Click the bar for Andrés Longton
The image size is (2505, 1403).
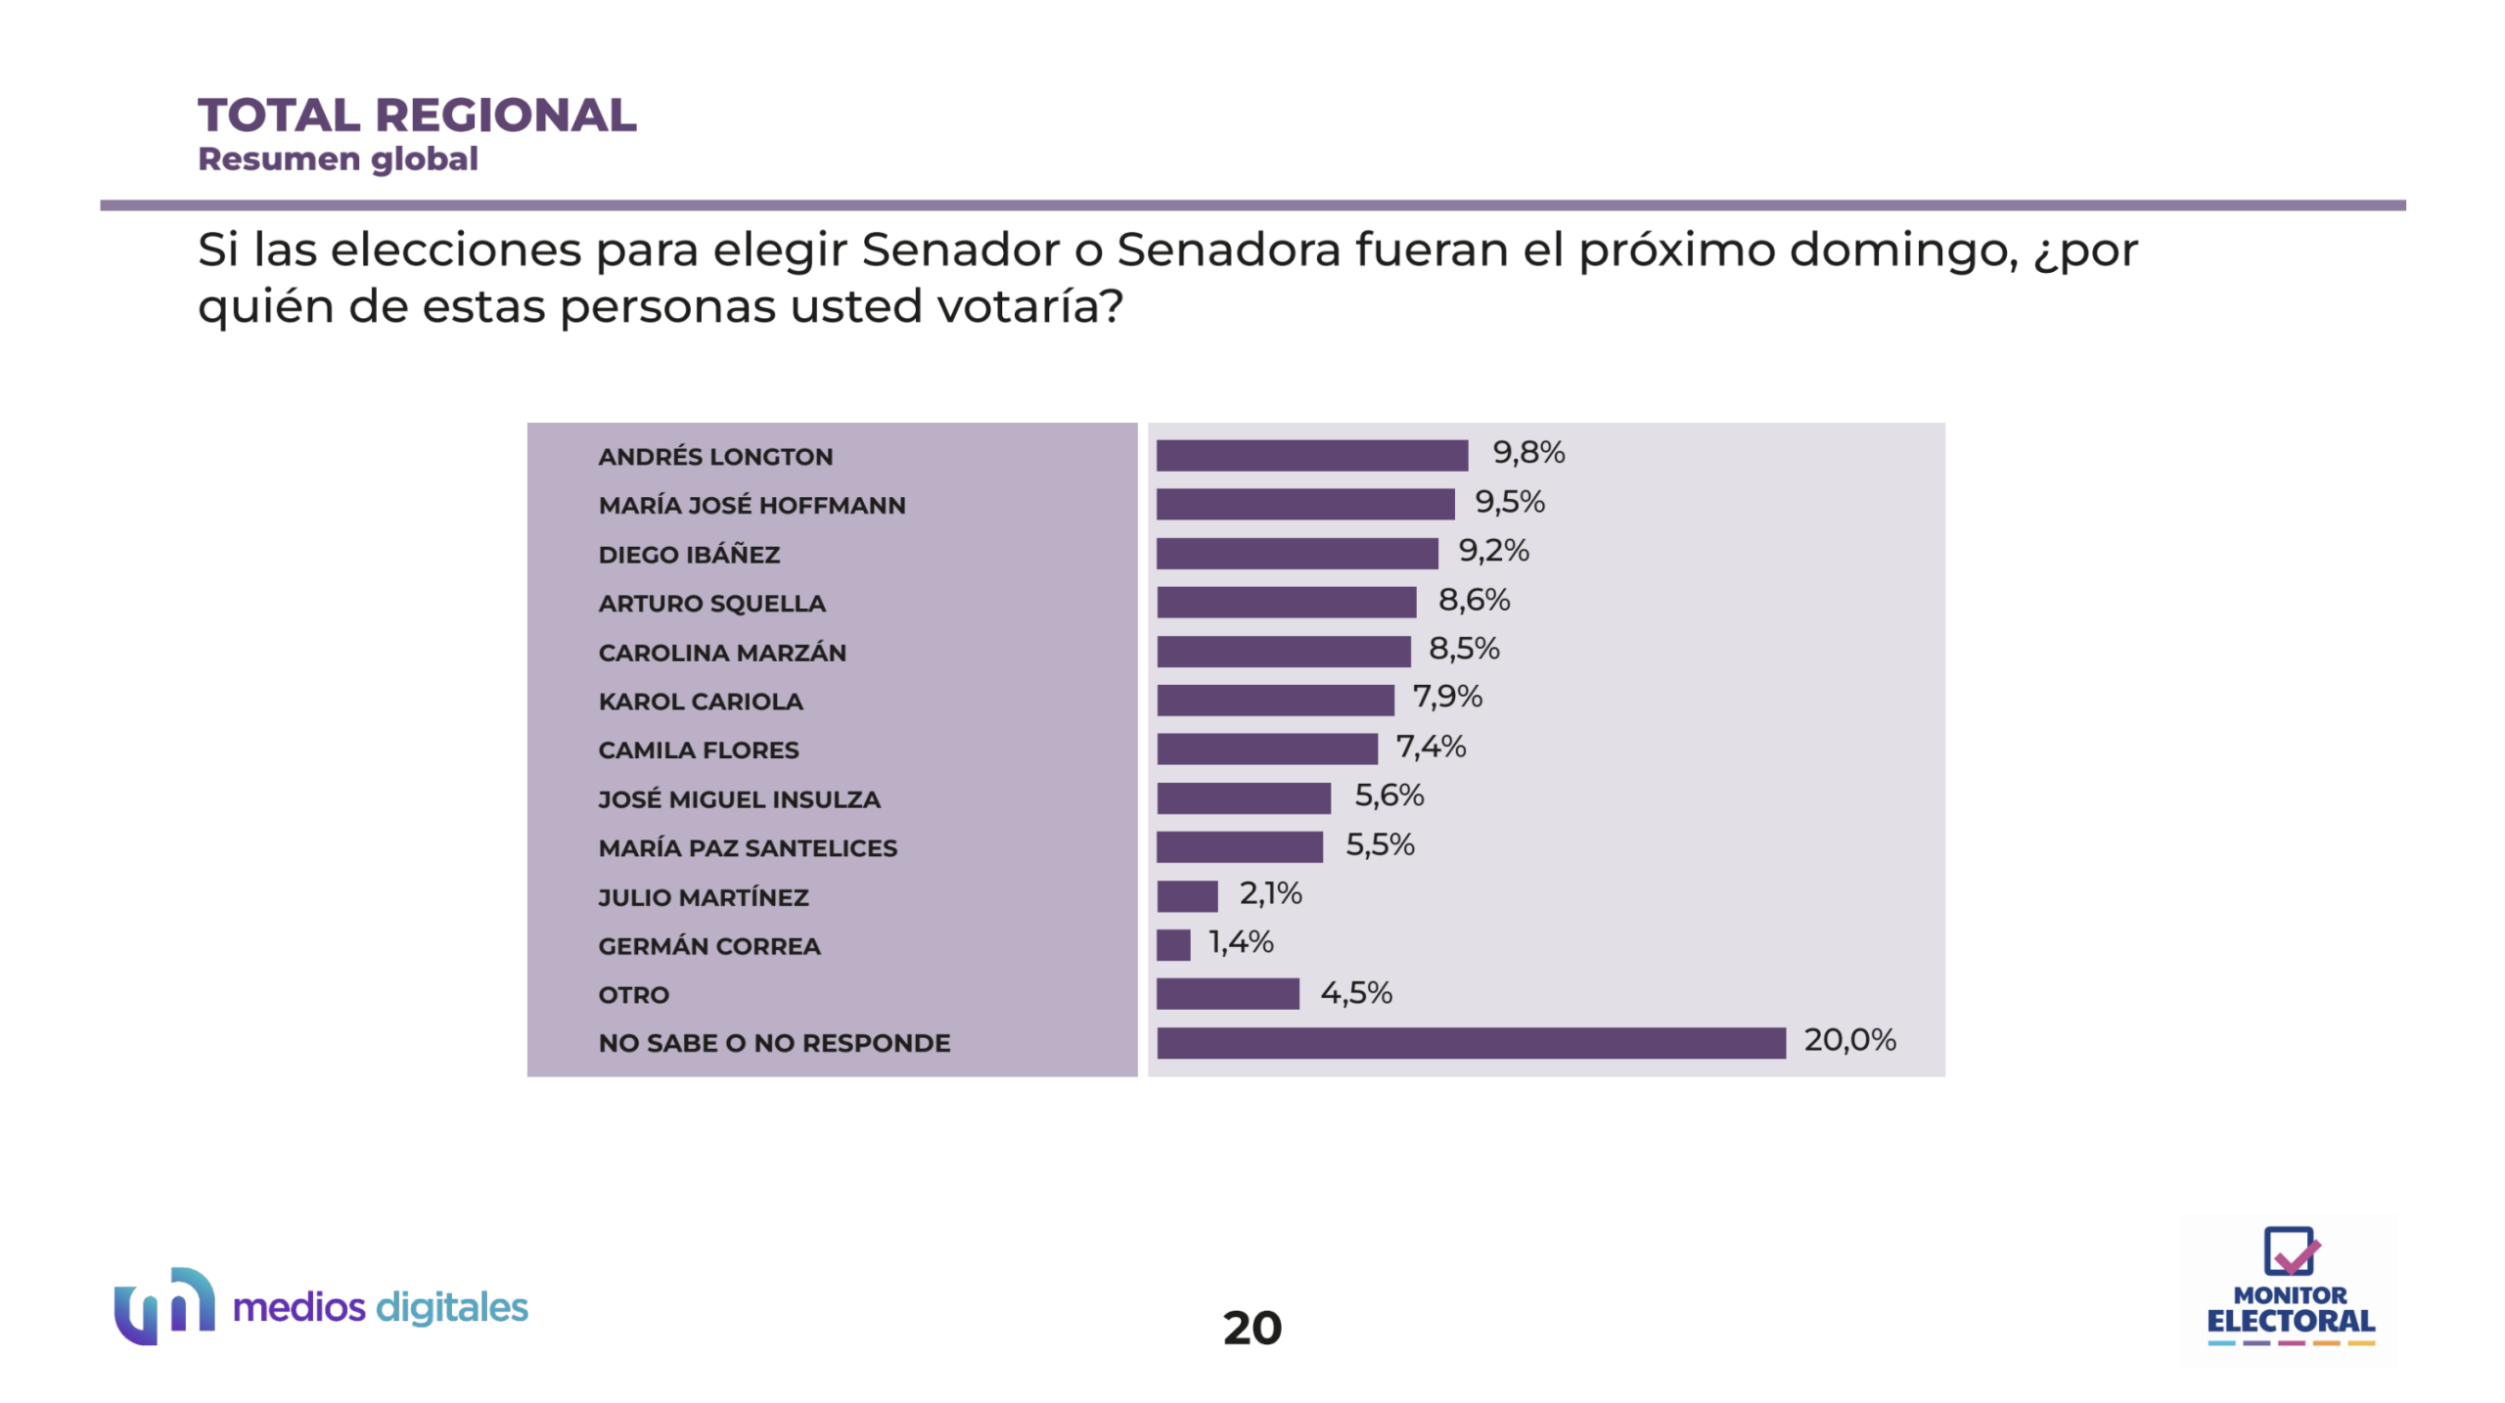(1311, 455)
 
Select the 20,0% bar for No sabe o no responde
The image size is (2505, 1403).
(1471, 1043)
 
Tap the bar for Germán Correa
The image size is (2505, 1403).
(1173, 945)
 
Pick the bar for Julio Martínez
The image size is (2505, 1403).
(1187, 896)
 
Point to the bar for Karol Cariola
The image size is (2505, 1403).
(1275, 701)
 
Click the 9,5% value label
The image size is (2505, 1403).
(1510, 502)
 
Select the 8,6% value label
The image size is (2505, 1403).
(1474, 600)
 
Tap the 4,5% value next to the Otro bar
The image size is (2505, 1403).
(1356, 993)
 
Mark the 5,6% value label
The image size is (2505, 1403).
(1389, 795)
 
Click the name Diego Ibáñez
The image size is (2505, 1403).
(689, 555)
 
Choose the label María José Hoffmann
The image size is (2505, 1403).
(751, 506)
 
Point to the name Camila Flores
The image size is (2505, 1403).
(699, 750)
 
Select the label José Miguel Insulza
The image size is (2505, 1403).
(739, 799)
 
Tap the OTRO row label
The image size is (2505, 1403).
(634, 995)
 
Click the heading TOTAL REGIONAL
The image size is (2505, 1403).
(417, 115)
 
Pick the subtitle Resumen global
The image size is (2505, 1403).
(338, 158)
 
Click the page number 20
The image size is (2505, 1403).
(1252, 1328)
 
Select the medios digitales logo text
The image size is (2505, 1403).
(380, 1307)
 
